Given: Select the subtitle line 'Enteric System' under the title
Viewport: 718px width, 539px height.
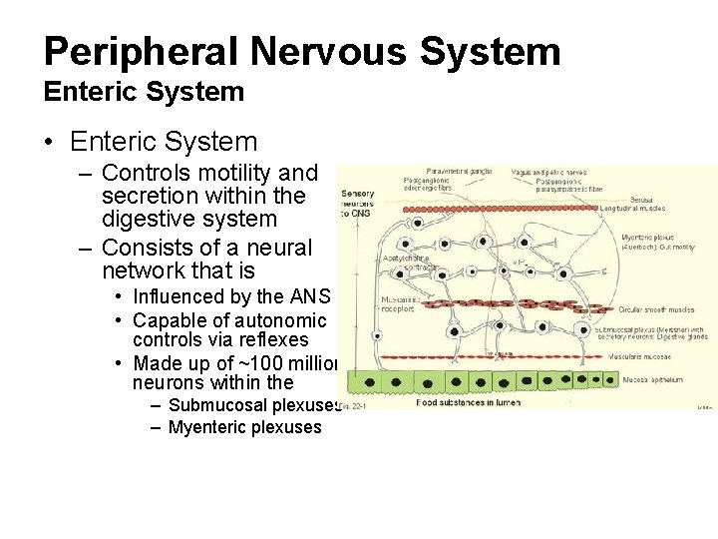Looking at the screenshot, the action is [144, 92].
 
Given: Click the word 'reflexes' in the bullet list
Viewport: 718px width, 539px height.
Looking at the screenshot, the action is [270, 340].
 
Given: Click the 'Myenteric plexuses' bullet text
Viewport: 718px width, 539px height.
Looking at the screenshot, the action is [245, 427].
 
